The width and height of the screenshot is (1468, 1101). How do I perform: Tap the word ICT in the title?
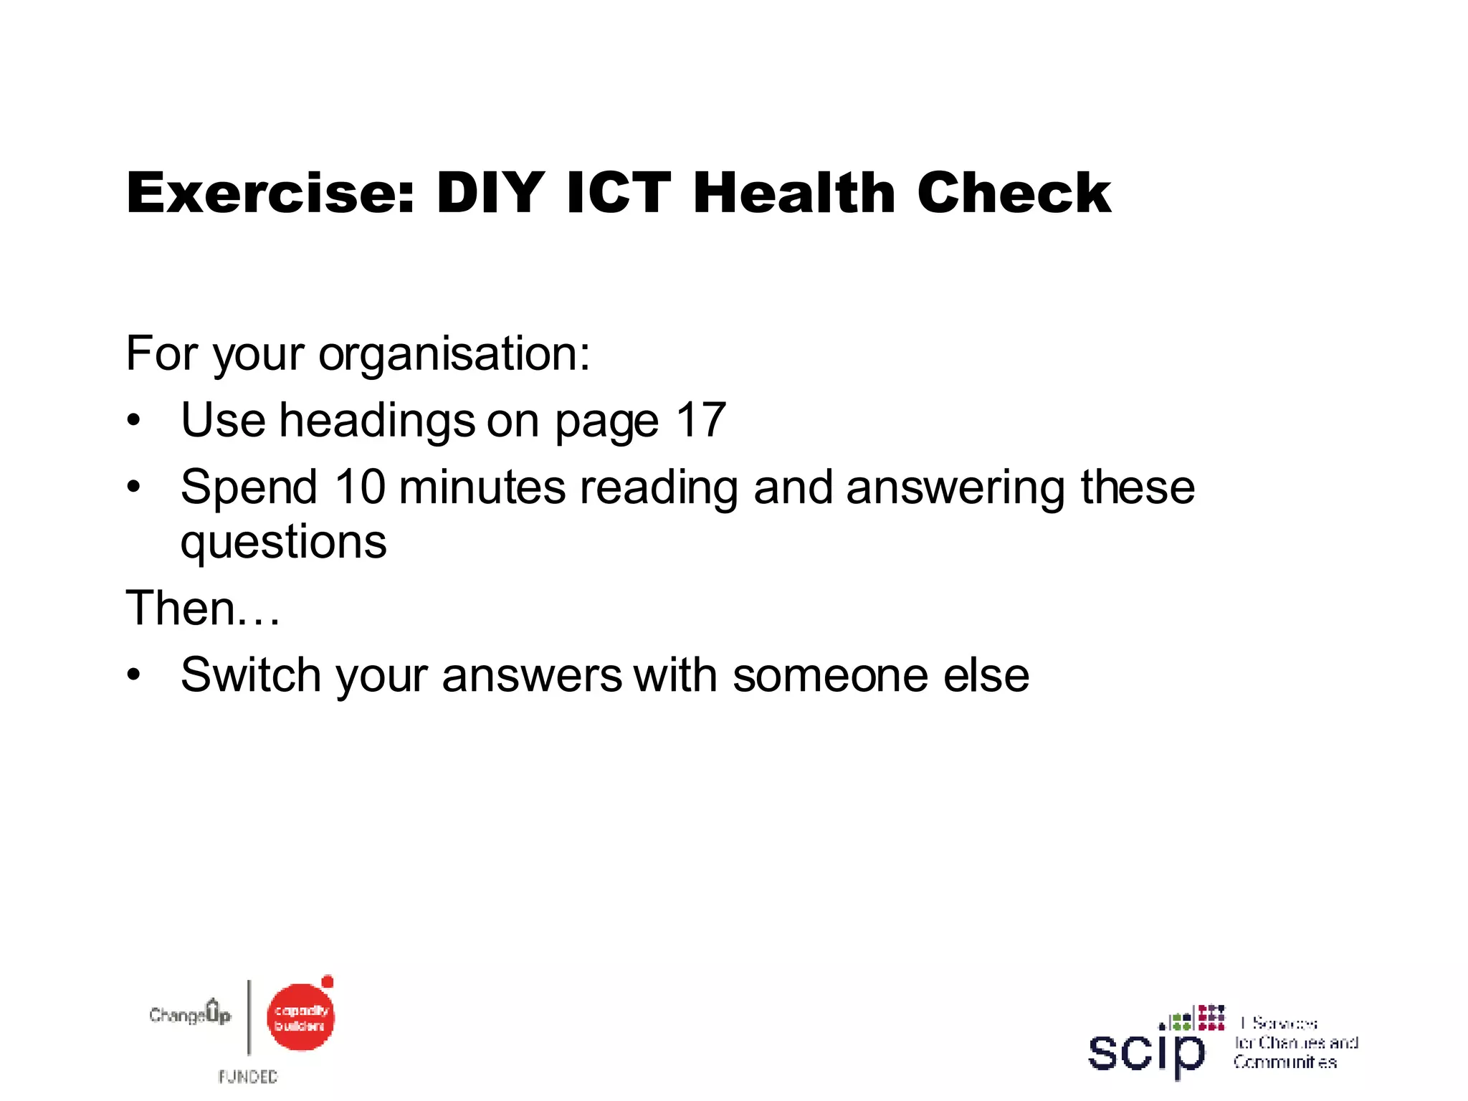click(618, 193)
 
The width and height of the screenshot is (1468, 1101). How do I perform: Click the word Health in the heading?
click(794, 193)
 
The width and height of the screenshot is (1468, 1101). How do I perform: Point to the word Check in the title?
click(1014, 193)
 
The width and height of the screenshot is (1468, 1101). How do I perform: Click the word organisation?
click(454, 355)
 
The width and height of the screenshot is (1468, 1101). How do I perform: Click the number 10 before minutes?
click(360, 487)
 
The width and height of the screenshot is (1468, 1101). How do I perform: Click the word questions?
click(284, 543)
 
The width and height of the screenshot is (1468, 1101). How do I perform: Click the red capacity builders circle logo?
click(301, 1017)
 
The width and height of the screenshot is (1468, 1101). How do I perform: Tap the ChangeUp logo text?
click(190, 1014)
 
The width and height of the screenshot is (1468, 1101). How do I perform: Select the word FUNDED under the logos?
click(248, 1077)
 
